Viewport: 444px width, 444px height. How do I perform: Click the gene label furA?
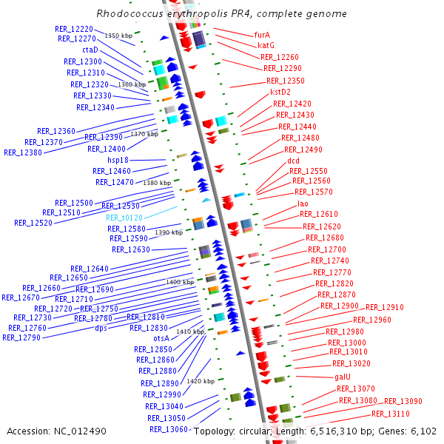pyautogui.click(x=262, y=35)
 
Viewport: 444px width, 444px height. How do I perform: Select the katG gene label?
pyautogui.click(x=266, y=45)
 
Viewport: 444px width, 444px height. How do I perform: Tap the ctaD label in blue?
pyautogui.click(x=90, y=50)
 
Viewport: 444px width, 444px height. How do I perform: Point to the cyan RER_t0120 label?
pyautogui.click(x=124, y=218)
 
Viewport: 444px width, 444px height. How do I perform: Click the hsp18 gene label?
pyautogui.click(x=118, y=160)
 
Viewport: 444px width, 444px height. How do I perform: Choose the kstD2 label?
pyautogui.click(x=280, y=92)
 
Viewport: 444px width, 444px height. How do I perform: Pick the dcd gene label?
pyautogui.click(x=293, y=161)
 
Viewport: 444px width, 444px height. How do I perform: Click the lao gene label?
pyautogui.click(x=303, y=203)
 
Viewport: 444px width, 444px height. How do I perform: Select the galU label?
pyautogui.click(x=343, y=377)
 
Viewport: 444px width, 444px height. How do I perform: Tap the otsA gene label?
pyautogui.click(x=161, y=338)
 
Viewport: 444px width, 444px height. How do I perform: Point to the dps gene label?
pyautogui.click(x=101, y=328)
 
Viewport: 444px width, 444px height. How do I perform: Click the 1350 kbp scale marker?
pyautogui.click(x=118, y=36)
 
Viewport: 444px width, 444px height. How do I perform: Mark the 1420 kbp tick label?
pyautogui.click(x=201, y=381)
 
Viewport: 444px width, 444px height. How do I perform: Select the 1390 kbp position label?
pyautogui.click(x=169, y=232)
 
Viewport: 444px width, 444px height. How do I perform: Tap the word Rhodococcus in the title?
pyautogui.click(x=129, y=13)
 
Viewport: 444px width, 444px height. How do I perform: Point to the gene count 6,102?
pyautogui.click(x=423, y=431)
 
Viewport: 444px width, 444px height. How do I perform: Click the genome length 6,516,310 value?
pyautogui.click(x=334, y=431)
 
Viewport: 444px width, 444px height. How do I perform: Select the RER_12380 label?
pyautogui.click(x=23, y=152)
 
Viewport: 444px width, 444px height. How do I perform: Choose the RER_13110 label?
pyautogui.click(x=391, y=414)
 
